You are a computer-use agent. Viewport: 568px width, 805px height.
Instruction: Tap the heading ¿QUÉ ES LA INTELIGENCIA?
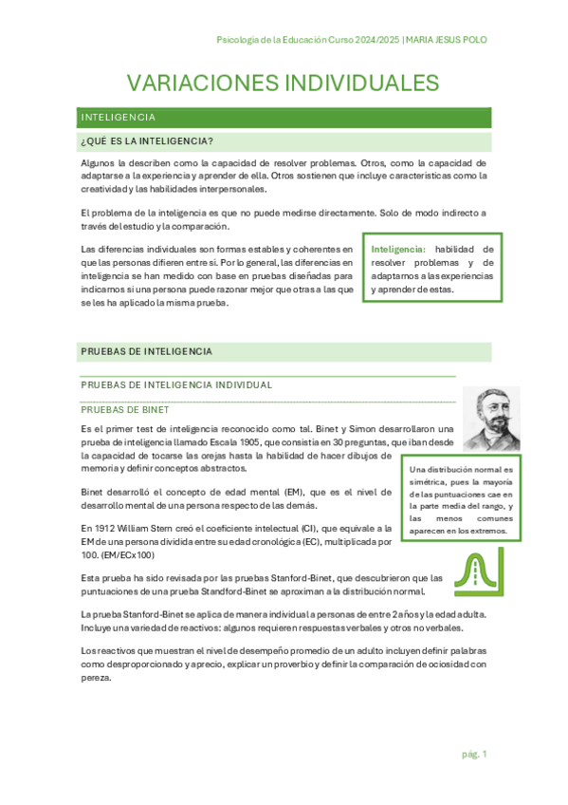pos(147,142)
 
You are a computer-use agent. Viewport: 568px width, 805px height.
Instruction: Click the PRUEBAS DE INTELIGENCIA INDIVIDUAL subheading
pos(177,384)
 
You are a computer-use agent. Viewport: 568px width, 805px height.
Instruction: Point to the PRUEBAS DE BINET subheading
pos(125,410)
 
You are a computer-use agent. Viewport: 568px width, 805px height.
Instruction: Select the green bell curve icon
pos(470,572)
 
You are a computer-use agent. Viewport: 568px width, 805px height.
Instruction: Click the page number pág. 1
pos(474,754)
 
